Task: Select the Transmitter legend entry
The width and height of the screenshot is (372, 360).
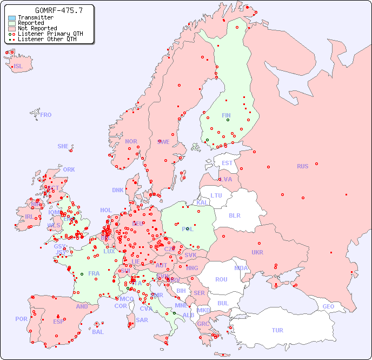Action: (35, 17)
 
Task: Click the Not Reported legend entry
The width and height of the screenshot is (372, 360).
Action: (37, 28)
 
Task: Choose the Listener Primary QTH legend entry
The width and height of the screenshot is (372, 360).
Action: (50, 34)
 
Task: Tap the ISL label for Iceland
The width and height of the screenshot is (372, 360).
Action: (18, 67)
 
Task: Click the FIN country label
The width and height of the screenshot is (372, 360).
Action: (226, 115)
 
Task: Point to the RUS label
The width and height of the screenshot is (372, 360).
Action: (302, 166)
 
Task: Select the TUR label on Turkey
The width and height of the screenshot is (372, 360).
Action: (277, 330)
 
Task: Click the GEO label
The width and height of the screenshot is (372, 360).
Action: (328, 306)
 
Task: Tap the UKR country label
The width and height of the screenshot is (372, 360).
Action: (257, 252)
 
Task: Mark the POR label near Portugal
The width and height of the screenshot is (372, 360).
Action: (21, 319)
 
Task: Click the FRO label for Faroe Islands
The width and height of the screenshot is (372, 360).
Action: (46, 115)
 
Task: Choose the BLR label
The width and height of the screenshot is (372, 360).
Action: (234, 215)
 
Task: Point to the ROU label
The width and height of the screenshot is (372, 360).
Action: (221, 279)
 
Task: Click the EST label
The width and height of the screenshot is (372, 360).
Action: (227, 163)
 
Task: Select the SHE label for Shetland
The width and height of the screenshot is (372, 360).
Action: (63, 146)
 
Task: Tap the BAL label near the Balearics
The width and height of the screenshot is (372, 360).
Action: (98, 332)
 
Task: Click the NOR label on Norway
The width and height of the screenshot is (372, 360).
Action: (131, 141)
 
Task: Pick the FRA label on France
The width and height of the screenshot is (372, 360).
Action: (94, 273)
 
